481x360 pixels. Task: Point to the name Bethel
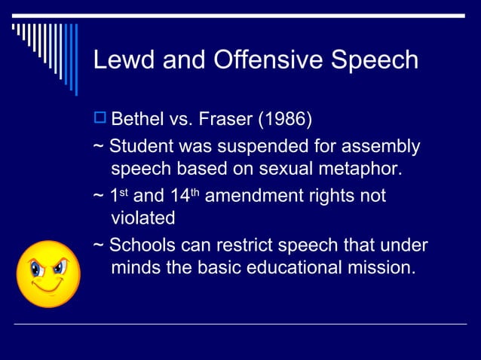140,119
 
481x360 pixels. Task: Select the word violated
142,218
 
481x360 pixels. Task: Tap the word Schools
142,246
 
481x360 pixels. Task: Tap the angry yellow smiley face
48,273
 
